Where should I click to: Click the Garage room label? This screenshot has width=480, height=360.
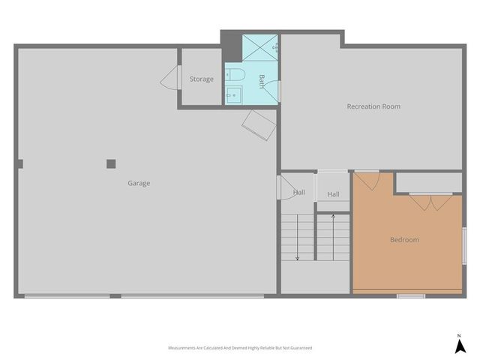(x=138, y=183)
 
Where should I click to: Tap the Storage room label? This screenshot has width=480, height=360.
(x=201, y=79)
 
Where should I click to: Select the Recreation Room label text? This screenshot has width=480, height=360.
(x=373, y=106)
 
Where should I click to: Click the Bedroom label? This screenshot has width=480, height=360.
(x=404, y=240)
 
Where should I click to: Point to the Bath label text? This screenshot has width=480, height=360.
(x=262, y=81)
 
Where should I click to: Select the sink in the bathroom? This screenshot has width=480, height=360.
(x=232, y=94)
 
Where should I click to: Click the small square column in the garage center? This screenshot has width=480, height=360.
(x=111, y=163)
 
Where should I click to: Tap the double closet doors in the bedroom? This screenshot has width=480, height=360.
(x=430, y=201)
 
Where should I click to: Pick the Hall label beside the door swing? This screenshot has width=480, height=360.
(x=299, y=193)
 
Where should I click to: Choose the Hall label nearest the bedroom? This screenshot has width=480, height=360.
(x=333, y=194)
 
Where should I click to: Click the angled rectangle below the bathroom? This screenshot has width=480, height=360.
(x=259, y=125)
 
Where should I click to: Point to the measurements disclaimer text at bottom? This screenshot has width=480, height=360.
(x=240, y=348)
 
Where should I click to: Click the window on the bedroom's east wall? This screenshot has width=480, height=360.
(x=464, y=246)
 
